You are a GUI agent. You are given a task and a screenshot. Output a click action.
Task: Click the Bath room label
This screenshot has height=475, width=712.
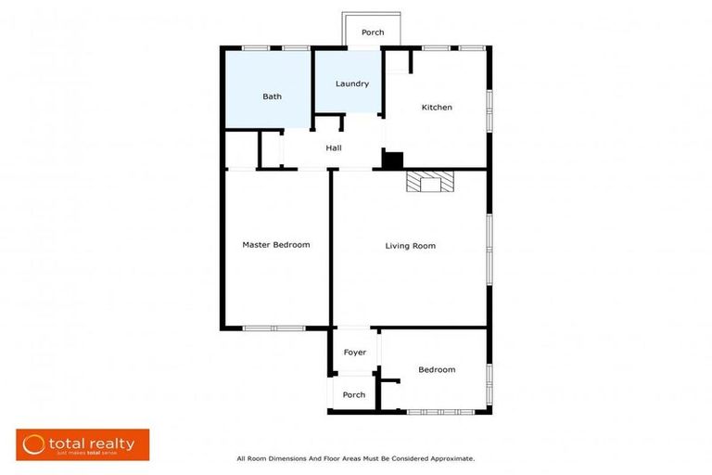click(272, 96)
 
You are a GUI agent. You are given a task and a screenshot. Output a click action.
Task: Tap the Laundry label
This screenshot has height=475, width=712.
click(352, 83)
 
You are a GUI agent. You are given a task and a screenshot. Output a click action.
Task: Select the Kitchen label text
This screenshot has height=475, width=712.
click(437, 108)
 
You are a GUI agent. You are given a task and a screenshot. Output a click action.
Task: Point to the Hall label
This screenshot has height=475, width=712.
click(334, 148)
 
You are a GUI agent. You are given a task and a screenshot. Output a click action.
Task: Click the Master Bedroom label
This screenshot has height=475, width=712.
click(275, 245)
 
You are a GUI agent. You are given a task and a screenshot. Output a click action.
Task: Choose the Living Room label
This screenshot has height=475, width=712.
click(410, 246)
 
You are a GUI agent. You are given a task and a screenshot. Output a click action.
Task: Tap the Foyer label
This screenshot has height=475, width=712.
click(354, 353)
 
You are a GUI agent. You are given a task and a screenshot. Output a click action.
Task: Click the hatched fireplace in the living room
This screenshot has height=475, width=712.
click(431, 181)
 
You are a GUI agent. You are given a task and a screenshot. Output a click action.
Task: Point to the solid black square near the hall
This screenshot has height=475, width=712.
click(393, 160)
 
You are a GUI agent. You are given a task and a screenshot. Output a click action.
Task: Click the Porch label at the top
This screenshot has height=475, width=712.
click(373, 32)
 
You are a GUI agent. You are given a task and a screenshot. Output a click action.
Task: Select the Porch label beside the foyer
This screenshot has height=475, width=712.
click(353, 395)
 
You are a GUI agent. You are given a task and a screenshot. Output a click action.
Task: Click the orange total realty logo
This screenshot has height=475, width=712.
click(83, 444)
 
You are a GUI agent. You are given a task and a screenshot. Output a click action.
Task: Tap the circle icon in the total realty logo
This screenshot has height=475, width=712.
click(35, 443)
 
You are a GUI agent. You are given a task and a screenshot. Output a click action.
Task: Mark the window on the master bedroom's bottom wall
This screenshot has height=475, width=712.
click(273, 327)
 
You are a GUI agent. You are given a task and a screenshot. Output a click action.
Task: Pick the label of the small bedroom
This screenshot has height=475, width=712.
click(437, 370)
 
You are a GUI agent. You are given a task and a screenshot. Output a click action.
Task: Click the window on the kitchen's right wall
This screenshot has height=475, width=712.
click(489, 107)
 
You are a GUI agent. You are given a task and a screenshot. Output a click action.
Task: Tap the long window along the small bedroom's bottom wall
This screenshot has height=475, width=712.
click(440, 412)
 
